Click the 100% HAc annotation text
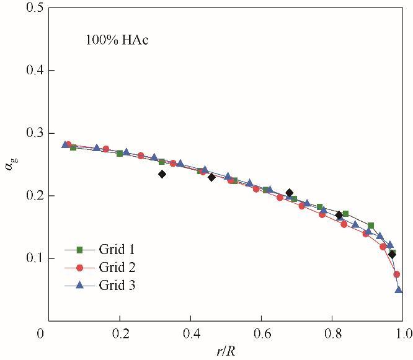[x=117, y=41]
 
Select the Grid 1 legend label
[x=117, y=250]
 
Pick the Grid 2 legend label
[x=117, y=268]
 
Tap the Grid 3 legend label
[x=117, y=286]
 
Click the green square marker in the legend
[x=79, y=250]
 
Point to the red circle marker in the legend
[x=79, y=268]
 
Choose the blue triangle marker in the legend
[x=79, y=285]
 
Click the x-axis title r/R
[x=226, y=351]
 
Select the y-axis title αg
[x=11, y=164]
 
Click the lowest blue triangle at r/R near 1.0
[x=399, y=289]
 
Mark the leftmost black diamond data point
[x=162, y=174]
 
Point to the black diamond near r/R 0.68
[x=289, y=193]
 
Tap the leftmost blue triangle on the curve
[x=65, y=144]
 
